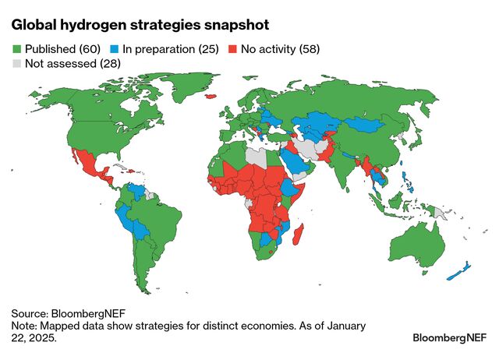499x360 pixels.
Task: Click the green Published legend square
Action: [17, 49]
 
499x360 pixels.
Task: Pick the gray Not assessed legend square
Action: [17, 64]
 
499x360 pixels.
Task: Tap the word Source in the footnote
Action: [32, 311]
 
